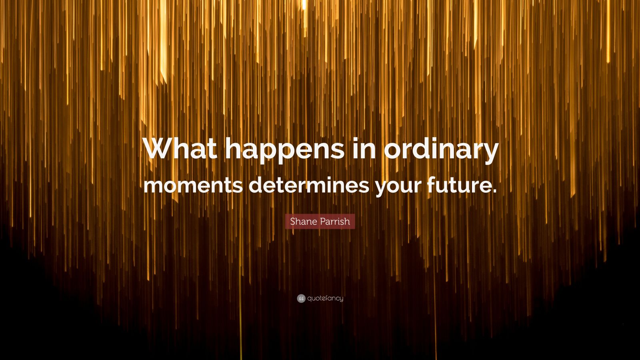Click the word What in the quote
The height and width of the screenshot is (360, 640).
180,150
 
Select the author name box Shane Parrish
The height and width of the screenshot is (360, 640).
320,221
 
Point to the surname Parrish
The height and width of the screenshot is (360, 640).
334,221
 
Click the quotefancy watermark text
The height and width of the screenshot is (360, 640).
325,298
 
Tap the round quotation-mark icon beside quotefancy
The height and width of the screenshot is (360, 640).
301,298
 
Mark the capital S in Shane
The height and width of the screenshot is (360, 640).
293,221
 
